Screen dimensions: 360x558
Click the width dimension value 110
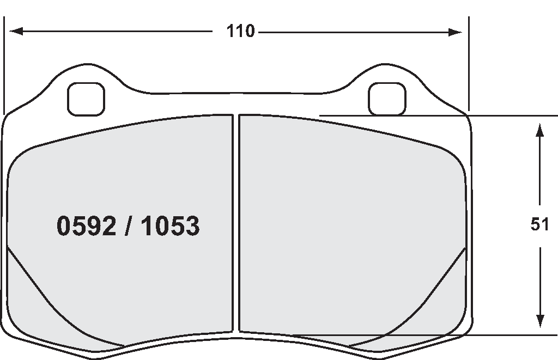[x=240, y=32]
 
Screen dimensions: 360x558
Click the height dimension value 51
[x=539, y=224]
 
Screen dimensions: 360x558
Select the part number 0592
[x=86, y=225]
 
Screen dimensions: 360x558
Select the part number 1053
[x=170, y=225]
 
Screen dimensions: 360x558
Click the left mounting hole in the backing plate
[x=86, y=99]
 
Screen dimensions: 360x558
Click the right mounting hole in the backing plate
[x=387, y=99]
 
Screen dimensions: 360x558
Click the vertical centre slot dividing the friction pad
[x=236, y=223]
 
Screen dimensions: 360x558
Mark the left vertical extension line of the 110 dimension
[x=4, y=65]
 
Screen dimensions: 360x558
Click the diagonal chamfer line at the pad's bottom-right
[x=425, y=300]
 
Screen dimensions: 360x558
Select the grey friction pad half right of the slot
[x=349, y=229]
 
